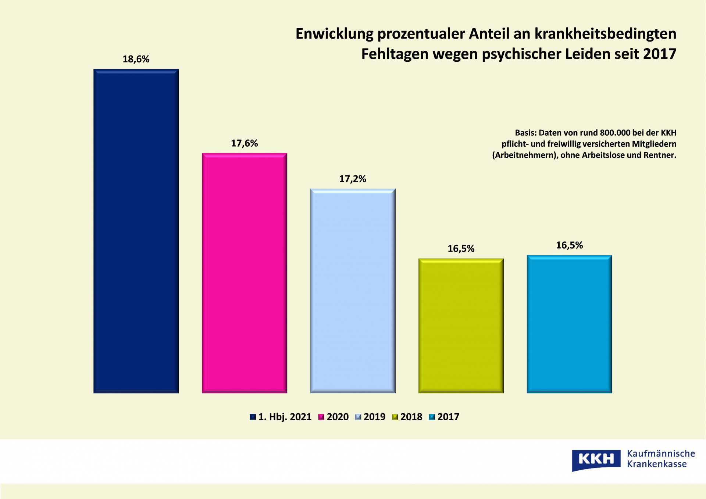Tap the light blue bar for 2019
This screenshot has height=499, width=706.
click(353, 291)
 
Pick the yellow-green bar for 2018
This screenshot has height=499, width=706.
click(461, 325)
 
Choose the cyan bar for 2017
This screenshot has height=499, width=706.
click(569, 324)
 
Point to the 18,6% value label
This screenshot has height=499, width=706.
click(136, 59)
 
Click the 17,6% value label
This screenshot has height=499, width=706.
click(244, 143)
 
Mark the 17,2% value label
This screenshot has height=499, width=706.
click(353, 179)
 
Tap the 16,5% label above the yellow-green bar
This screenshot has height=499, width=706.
click(461, 249)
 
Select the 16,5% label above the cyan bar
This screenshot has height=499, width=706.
click(569, 245)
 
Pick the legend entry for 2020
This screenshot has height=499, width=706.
click(334, 417)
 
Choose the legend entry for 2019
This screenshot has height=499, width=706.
click(370, 417)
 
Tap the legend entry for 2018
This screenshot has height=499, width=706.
click(407, 417)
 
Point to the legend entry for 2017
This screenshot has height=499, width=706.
click(444, 417)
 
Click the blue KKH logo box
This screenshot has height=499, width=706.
click(596, 459)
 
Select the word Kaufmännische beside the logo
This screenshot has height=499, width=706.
click(661, 453)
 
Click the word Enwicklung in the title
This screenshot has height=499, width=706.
click(334, 34)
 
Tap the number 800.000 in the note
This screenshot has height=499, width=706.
click(615, 133)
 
